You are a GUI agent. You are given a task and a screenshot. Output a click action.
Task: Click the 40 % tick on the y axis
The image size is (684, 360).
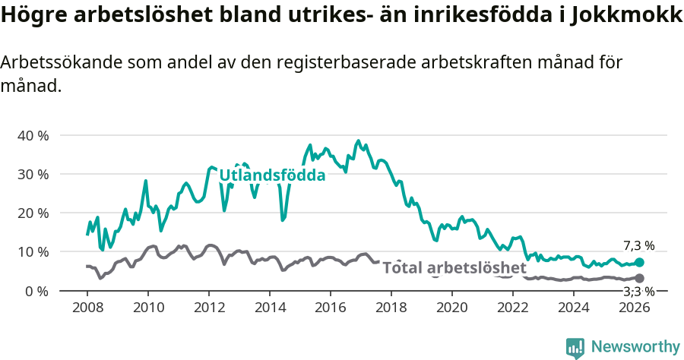pos(32,135)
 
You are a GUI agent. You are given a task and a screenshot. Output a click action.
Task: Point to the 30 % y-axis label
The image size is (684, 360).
pos(32,174)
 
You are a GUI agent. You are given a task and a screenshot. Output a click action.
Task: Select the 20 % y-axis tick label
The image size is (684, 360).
pos(32,213)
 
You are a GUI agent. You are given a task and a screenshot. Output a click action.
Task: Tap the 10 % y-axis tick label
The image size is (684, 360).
pos(32,251)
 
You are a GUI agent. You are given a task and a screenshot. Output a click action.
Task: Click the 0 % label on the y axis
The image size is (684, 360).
pos(36,291)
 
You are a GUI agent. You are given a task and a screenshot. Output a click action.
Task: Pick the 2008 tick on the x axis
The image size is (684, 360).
pos(87,308)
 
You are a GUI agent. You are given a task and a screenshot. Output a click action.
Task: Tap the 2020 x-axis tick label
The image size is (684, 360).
pos(452,308)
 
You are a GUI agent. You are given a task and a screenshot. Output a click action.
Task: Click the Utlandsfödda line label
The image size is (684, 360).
pos(272,175)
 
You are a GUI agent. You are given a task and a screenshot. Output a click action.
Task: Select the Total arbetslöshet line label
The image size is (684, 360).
pos(454,268)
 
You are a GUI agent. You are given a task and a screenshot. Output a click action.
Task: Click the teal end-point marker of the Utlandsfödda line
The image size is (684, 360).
pos(639,262)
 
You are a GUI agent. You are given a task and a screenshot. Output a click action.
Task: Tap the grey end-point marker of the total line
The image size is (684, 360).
pos(639,279)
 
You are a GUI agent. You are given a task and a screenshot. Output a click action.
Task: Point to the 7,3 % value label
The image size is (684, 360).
pos(638,245)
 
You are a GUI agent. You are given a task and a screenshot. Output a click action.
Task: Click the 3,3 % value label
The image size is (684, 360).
pos(638,292)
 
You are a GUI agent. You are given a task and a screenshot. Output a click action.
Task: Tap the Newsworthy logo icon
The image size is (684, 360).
pos(575,347)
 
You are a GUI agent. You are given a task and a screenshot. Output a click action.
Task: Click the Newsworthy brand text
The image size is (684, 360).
pos(635,347)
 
